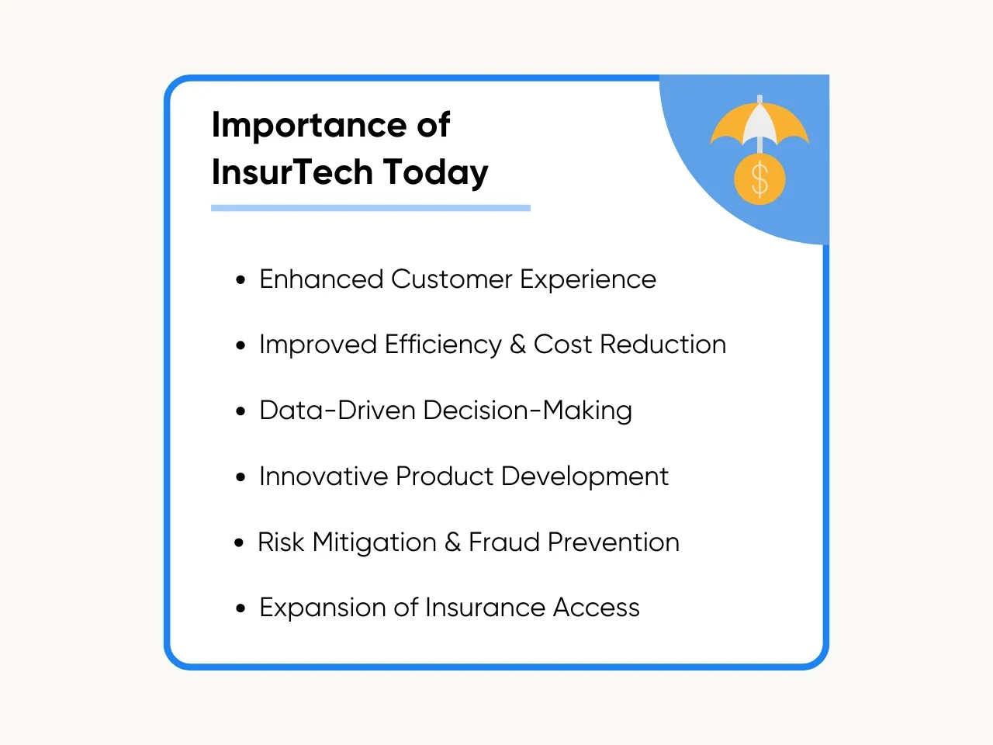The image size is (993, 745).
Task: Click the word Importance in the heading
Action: [310, 126]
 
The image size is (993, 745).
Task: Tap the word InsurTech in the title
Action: [292, 172]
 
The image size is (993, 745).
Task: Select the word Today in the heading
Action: [436, 173]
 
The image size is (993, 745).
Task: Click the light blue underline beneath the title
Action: [371, 208]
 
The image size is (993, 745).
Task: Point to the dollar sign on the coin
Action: [759, 179]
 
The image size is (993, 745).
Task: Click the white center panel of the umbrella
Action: [759, 123]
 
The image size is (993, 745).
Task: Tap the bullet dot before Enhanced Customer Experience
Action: [240, 280]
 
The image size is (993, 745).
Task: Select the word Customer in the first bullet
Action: [452, 279]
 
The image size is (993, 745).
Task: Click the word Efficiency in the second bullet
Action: [443, 345]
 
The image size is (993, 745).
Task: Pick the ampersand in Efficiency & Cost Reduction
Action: [518, 345]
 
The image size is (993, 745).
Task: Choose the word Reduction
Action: [663, 345]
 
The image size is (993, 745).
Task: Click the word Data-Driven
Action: [337, 411]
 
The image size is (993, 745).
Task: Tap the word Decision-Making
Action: [528, 411]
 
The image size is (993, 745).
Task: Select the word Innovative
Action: [324, 476]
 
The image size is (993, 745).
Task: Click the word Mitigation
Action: [374, 542]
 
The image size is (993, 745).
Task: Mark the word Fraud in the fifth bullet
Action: [504, 542]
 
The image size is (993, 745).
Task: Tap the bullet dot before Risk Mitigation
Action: [239, 542]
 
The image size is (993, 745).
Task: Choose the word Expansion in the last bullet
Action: [323, 608]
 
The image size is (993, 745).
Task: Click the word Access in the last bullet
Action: [597, 608]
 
